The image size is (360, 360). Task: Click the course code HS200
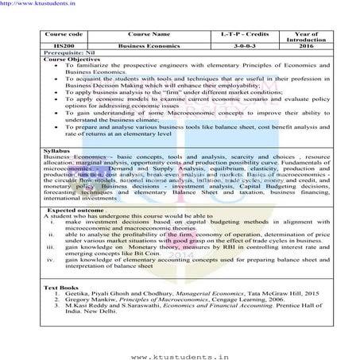coord(58,47)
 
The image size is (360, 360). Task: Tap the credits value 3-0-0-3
coord(232,47)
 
